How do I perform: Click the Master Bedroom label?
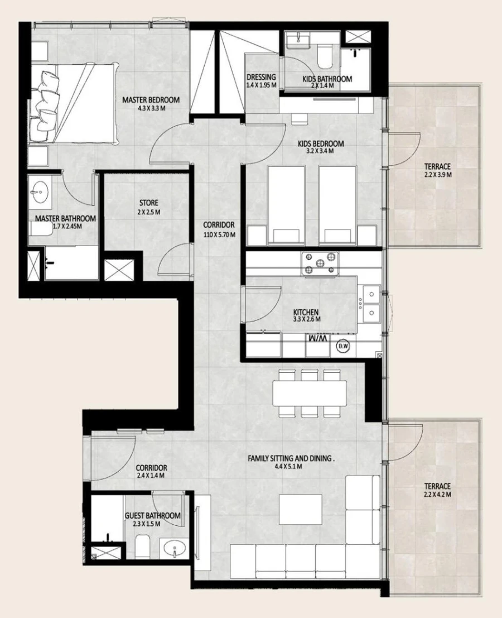click(x=151, y=100)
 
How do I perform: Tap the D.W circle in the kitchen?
click(x=342, y=347)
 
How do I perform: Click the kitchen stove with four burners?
click(x=320, y=264)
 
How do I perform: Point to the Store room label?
click(x=148, y=203)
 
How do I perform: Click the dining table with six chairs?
click(x=310, y=394)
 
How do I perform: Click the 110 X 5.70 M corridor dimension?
click(x=219, y=234)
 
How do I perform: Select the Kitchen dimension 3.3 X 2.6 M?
click(x=306, y=320)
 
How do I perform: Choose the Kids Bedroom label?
click(x=320, y=143)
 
